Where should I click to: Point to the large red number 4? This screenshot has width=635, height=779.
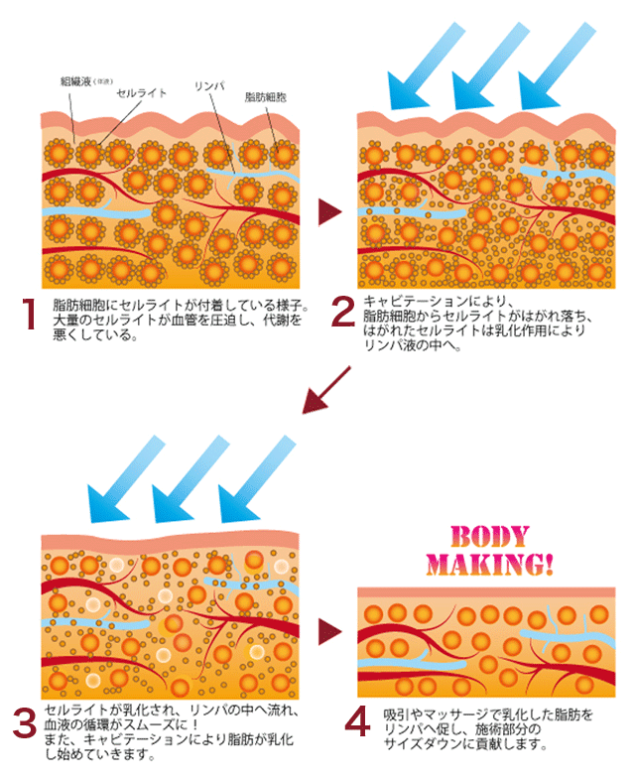pos(357,725)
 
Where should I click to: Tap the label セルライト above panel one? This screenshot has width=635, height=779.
pos(142,92)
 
